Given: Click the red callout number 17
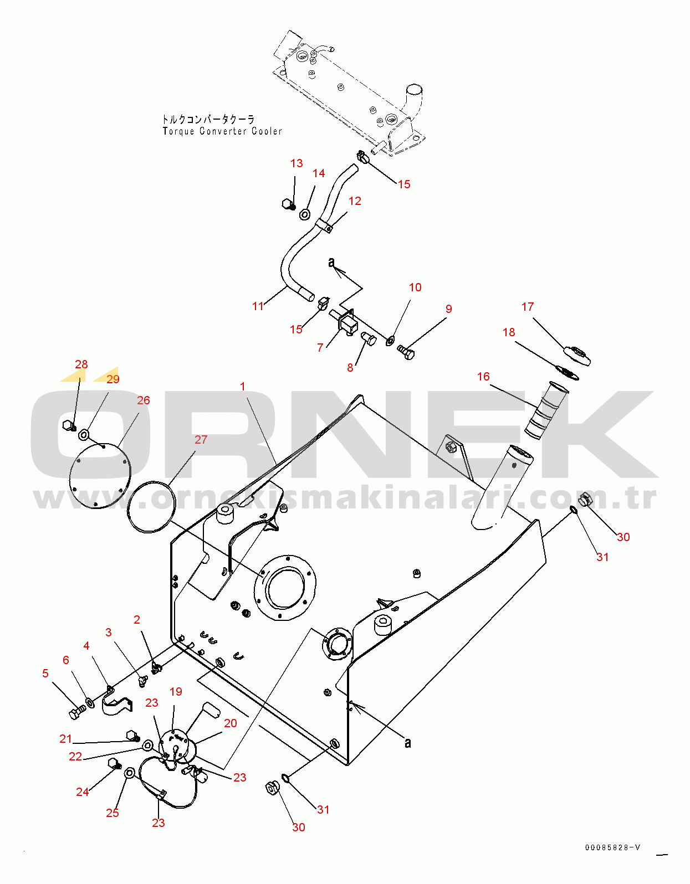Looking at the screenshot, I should (x=527, y=307).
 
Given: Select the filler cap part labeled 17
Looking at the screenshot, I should (x=577, y=355).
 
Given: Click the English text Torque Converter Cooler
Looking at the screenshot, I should (x=222, y=131).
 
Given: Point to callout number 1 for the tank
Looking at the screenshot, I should (x=242, y=386).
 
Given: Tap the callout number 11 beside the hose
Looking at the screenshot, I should (x=258, y=306).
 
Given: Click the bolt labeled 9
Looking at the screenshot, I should (x=406, y=352).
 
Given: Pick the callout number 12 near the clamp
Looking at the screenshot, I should (x=355, y=201).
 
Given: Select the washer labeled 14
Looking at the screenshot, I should (x=305, y=214).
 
